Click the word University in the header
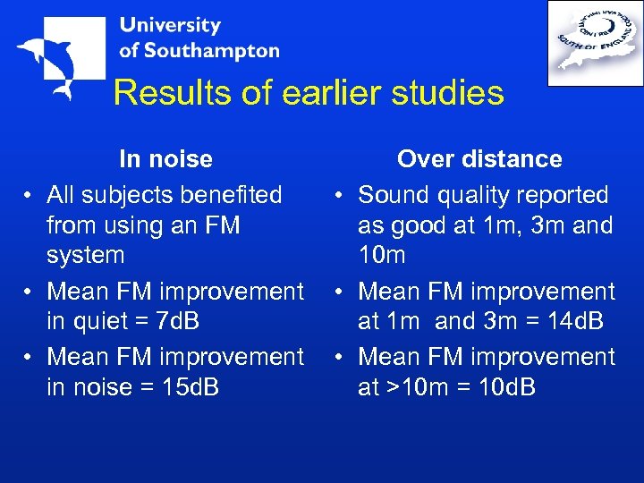170,25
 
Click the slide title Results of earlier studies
309,93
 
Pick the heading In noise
165,159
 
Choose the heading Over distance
479,159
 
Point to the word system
85,255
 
